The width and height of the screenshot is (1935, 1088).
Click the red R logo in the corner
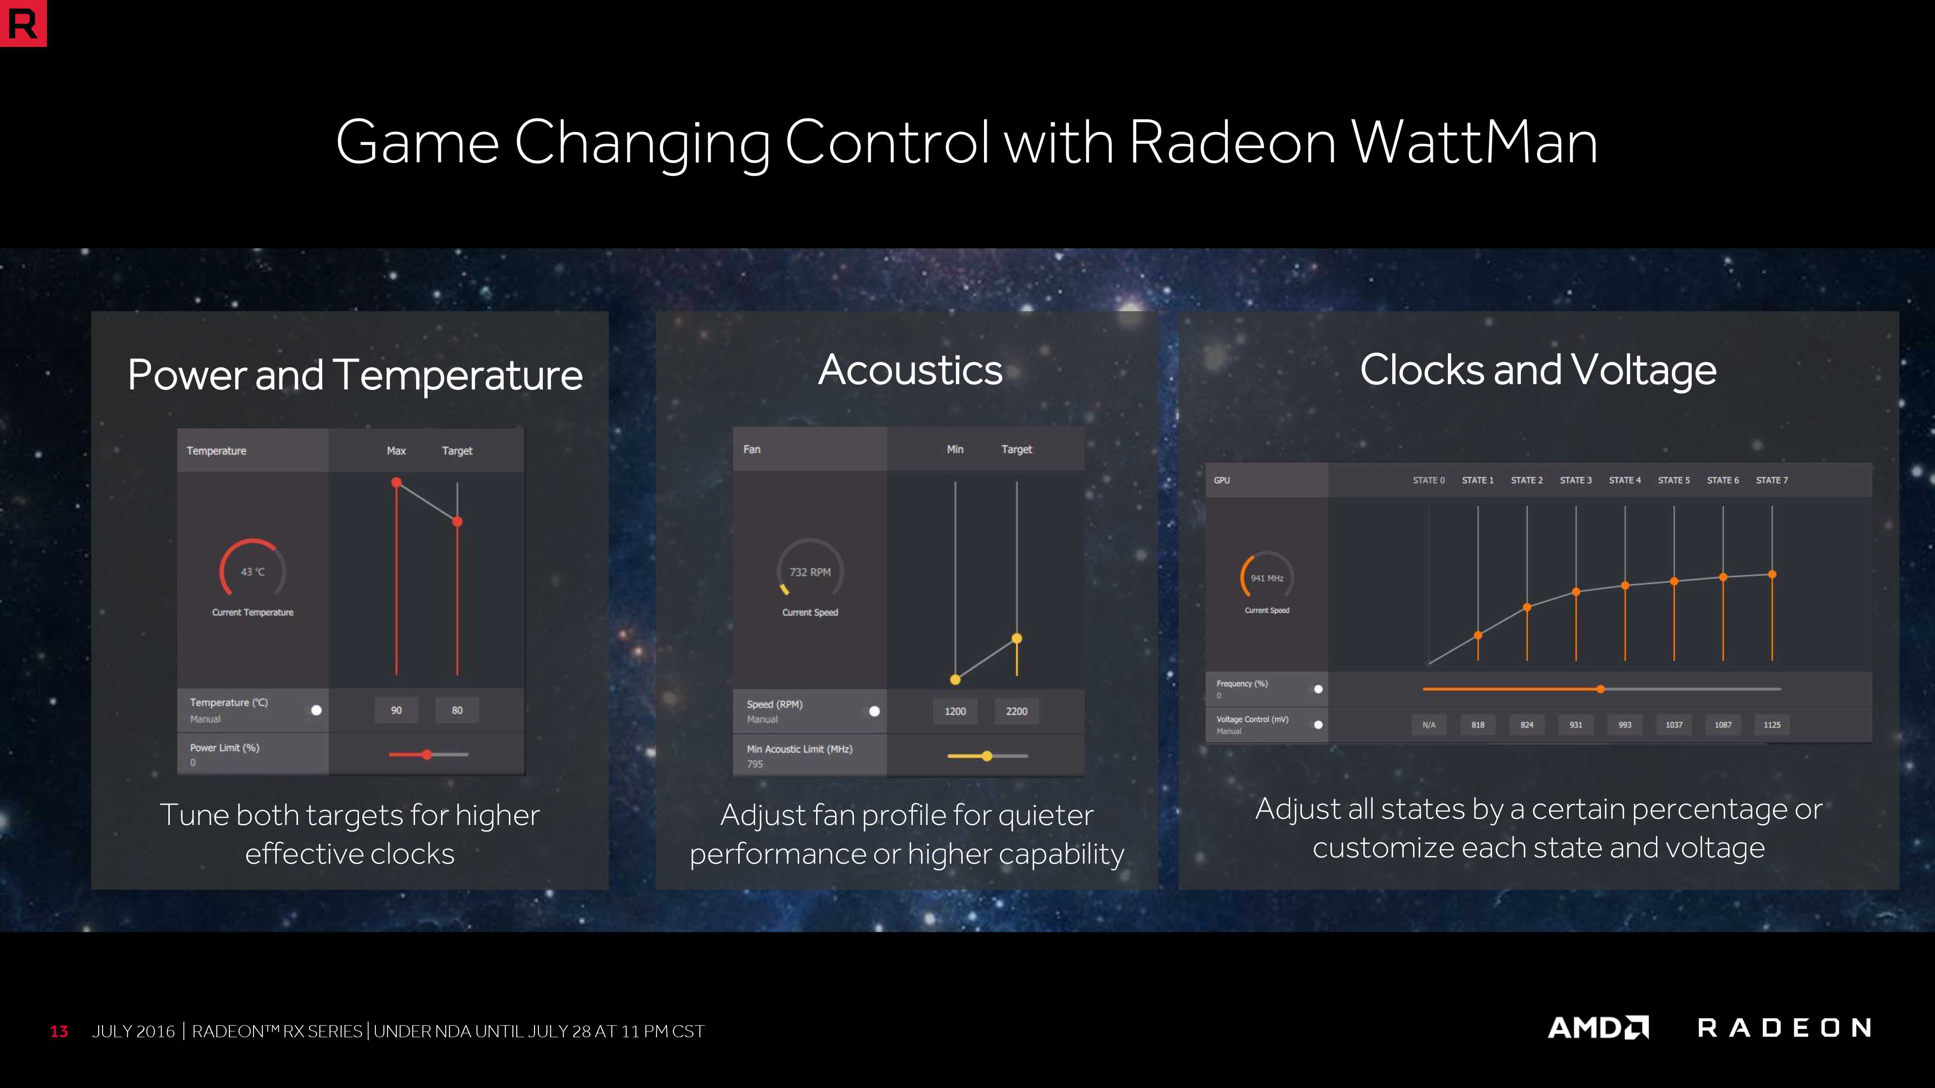tap(23, 23)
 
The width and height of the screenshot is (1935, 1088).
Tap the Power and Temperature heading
tap(355, 375)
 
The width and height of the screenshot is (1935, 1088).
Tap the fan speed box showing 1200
tap(955, 711)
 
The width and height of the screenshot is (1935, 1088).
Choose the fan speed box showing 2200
tap(1016, 711)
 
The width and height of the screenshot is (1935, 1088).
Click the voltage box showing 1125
tap(1772, 724)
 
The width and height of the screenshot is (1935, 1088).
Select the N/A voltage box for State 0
tap(1429, 724)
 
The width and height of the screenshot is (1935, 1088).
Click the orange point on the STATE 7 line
tap(1772, 574)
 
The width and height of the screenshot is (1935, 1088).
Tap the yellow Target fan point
tap(1016, 639)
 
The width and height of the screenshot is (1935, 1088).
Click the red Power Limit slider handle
tap(427, 755)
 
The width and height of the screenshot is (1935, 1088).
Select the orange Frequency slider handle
tap(1601, 689)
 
